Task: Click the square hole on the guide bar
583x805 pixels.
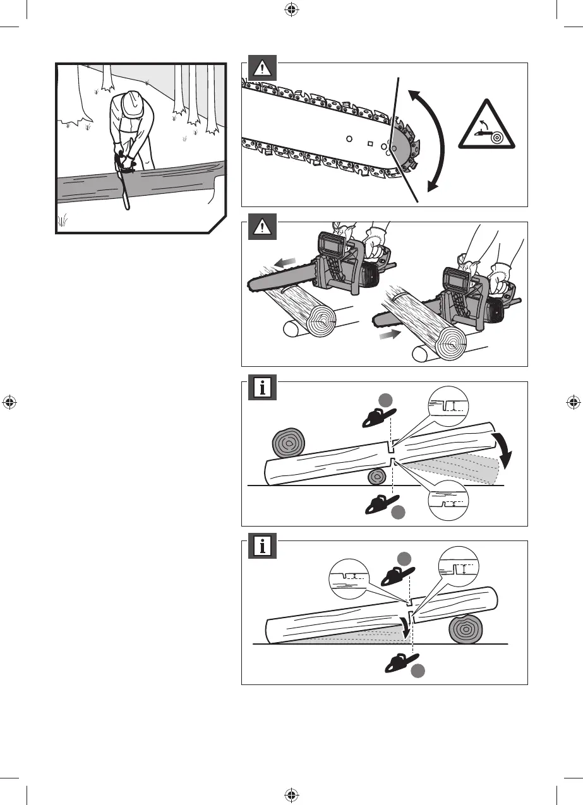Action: click(369, 142)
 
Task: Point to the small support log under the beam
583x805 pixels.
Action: click(378, 477)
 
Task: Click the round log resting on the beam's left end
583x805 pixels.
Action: click(288, 443)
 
